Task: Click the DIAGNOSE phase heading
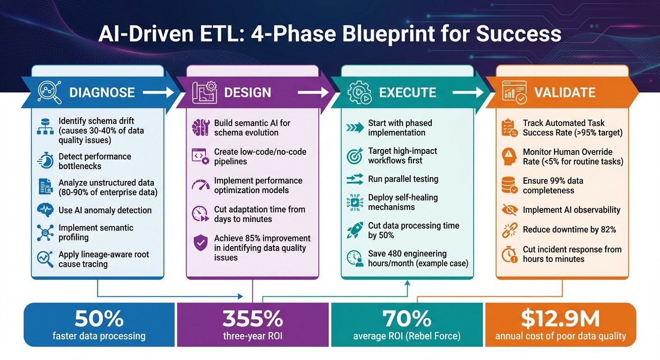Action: (102, 92)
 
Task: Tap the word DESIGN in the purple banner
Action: (247, 92)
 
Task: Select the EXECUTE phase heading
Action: (407, 92)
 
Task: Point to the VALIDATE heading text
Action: (565, 92)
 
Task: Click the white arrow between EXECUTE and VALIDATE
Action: (467, 93)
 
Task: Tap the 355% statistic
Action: (253, 319)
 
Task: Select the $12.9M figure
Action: (560, 319)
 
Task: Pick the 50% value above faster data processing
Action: (99, 319)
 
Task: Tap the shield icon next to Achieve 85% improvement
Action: (201, 243)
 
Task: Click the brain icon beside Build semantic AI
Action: (201, 127)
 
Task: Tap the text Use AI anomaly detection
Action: (105, 210)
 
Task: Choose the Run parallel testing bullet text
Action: (403, 179)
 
